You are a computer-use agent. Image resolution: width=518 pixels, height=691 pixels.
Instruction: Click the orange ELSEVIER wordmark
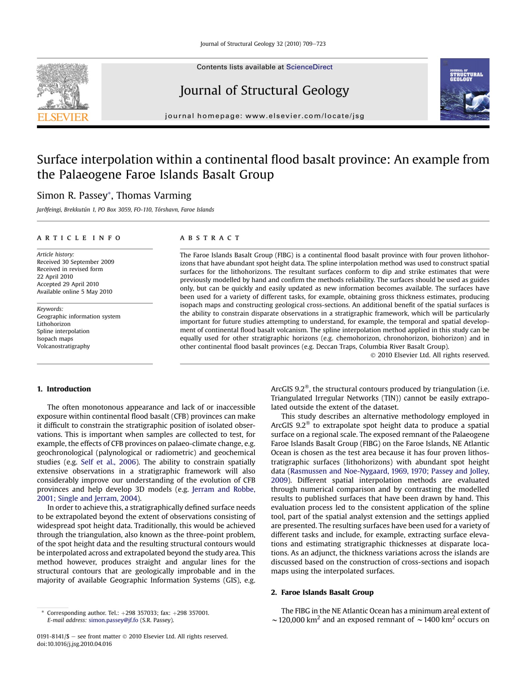click(63, 117)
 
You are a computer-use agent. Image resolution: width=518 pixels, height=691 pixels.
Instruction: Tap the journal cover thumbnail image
click(464, 89)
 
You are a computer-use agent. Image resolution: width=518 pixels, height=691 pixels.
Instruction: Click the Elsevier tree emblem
click(62, 86)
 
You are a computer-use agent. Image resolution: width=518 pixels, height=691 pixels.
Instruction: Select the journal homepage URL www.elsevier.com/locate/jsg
click(305, 116)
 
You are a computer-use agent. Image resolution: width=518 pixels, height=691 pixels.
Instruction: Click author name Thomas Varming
click(154, 195)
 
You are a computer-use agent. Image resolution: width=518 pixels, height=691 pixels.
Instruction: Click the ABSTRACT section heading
click(209, 238)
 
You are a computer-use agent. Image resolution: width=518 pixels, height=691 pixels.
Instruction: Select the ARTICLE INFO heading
click(78, 238)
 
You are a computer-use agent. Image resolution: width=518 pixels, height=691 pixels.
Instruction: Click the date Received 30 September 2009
click(75, 262)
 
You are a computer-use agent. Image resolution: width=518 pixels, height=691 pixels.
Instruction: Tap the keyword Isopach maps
click(55, 339)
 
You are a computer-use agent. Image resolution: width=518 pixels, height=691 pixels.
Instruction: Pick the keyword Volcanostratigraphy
click(63, 346)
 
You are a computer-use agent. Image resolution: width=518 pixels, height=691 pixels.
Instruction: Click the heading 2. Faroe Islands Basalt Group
click(322, 592)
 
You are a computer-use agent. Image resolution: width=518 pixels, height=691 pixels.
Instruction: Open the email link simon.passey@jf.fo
click(113, 620)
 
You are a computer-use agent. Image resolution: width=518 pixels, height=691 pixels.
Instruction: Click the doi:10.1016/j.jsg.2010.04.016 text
click(74, 644)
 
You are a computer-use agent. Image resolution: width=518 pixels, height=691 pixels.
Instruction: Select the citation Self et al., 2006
click(108, 462)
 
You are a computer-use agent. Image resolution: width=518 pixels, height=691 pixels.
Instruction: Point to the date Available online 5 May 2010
click(74, 291)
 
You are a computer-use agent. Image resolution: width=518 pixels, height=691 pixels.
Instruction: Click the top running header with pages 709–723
click(263, 44)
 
